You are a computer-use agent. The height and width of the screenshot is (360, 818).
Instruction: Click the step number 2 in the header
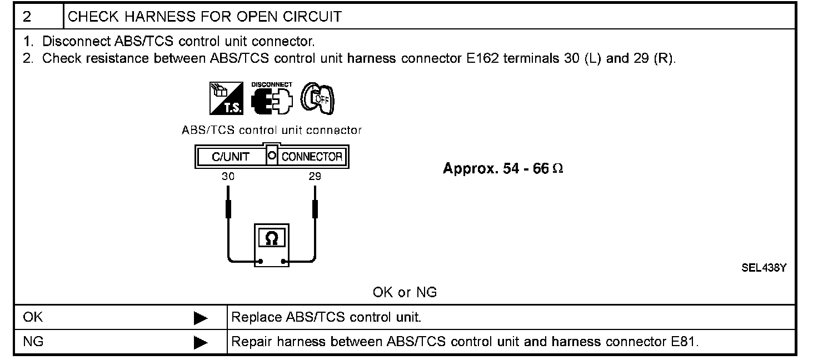tap(27, 17)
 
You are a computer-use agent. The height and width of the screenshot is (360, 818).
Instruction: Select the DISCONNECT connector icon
tap(271, 99)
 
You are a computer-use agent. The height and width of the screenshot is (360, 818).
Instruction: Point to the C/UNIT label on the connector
tap(231, 157)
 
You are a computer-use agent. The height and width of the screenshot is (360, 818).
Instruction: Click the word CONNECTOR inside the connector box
tap(312, 157)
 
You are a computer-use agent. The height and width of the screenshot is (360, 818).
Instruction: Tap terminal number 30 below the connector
tap(228, 177)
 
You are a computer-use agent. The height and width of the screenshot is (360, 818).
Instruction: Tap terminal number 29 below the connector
tap(315, 177)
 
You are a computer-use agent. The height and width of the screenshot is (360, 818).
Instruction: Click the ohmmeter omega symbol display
tap(272, 238)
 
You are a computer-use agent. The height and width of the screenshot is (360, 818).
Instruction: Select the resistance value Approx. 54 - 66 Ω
tap(503, 169)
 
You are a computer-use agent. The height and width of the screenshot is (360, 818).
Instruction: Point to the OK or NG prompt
tap(405, 292)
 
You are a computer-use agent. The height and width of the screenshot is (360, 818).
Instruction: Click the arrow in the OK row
tap(200, 318)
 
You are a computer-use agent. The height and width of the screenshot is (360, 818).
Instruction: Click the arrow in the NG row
tap(200, 342)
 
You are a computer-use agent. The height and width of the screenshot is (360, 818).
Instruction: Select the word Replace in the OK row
tap(256, 318)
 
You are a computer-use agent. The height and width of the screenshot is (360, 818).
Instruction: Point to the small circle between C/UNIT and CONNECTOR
tap(272, 156)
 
